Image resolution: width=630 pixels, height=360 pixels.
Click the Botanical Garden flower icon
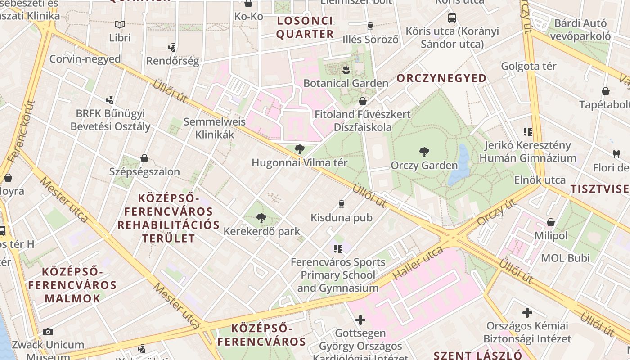(x=346, y=70)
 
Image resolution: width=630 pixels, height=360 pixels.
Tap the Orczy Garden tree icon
(x=424, y=152)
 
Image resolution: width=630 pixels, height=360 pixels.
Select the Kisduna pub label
(x=342, y=218)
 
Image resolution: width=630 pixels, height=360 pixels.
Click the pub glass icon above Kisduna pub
(x=341, y=204)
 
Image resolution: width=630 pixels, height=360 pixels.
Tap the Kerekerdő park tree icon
(x=261, y=219)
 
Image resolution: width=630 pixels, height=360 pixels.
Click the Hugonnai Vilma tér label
(x=300, y=162)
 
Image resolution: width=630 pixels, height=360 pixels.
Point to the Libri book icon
(x=120, y=24)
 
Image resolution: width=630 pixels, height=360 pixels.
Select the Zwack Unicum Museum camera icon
(x=48, y=332)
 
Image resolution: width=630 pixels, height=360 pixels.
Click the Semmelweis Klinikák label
(x=215, y=128)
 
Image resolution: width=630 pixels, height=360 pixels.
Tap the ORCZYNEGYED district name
(x=441, y=78)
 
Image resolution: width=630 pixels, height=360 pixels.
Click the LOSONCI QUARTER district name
(x=305, y=27)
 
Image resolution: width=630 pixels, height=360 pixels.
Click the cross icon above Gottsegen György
(x=360, y=320)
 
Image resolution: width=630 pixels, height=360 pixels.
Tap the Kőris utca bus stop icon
(x=452, y=18)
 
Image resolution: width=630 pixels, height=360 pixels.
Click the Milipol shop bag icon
(x=551, y=222)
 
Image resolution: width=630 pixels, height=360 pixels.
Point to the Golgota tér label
(x=529, y=66)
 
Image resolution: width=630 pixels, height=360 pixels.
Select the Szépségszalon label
(x=144, y=171)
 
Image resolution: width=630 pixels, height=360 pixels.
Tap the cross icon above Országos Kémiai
(x=527, y=312)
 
